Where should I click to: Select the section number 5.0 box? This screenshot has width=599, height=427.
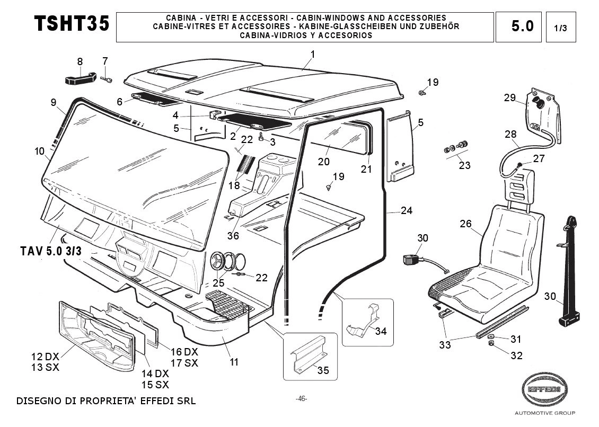[522, 26]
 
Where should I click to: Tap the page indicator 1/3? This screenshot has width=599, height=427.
[560, 29]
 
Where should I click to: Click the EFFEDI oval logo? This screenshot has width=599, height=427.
[544, 390]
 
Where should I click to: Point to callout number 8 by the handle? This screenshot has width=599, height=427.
[80, 61]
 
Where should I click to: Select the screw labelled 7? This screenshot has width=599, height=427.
[107, 79]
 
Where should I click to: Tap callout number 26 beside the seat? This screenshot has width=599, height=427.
[465, 224]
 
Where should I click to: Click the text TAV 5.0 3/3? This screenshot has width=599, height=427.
[51, 251]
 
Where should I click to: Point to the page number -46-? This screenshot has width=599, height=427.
[301, 399]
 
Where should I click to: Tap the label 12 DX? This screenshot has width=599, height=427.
[45, 357]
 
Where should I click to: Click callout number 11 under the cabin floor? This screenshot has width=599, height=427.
[234, 362]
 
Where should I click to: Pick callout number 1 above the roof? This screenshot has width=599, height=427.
[313, 54]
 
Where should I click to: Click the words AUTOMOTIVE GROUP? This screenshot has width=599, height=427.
[544, 413]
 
